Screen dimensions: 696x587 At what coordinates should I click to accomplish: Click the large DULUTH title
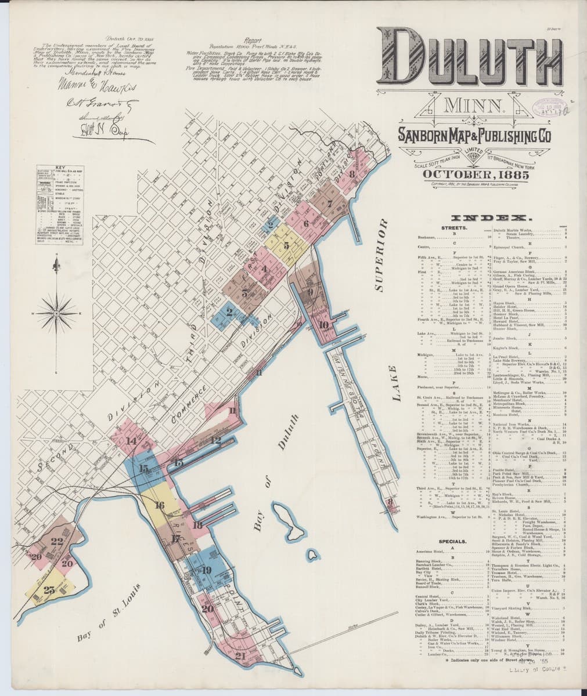[470, 58]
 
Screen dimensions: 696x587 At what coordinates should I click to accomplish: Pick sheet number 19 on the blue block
[207, 570]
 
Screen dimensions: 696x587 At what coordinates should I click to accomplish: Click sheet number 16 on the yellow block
[159, 505]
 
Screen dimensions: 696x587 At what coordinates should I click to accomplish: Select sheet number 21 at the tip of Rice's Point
[240, 657]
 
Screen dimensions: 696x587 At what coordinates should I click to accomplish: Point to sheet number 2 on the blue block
[229, 313]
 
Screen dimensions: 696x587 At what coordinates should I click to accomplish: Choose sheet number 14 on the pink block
[130, 440]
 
